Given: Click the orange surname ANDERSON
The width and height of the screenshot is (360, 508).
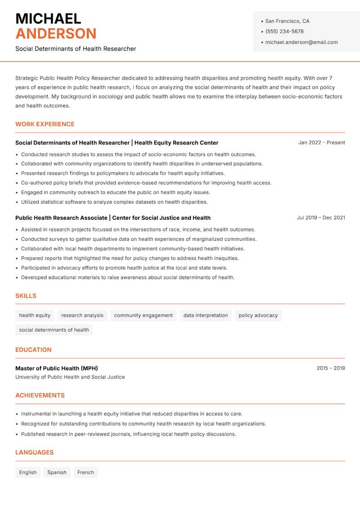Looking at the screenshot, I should (56, 34).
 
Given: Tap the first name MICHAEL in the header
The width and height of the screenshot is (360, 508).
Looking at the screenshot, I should (48, 18).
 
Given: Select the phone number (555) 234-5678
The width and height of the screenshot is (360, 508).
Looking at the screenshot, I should (284, 31).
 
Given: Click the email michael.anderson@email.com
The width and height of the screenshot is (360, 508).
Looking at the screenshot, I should (301, 42).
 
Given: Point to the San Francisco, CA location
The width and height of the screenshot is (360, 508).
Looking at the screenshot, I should (287, 21).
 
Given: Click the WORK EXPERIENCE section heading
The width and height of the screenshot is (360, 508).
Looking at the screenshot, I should (45, 124).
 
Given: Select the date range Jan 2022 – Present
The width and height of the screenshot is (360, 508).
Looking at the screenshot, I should (321, 143).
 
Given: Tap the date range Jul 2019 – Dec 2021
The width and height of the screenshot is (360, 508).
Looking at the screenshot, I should (321, 218).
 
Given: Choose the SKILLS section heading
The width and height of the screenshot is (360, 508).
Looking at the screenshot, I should (26, 296).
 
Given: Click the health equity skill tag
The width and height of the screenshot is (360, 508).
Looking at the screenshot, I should (35, 316).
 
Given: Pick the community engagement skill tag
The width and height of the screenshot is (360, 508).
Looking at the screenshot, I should (143, 316).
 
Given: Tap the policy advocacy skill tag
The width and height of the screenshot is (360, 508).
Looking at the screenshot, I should (258, 316).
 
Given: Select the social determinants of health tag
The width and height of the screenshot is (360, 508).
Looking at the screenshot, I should (54, 330).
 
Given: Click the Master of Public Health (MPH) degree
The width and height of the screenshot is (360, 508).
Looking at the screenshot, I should (57, 368).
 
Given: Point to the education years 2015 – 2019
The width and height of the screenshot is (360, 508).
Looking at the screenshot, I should (330, 368).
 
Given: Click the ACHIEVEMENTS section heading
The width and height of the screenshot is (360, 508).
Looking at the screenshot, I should (40, 396).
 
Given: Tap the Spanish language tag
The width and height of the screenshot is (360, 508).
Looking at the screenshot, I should (57, 472).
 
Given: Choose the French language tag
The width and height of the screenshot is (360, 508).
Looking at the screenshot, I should (85, 472).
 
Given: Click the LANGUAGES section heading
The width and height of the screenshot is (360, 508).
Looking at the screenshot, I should (34, 453).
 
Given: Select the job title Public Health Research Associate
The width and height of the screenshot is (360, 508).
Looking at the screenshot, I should (61, 218).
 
